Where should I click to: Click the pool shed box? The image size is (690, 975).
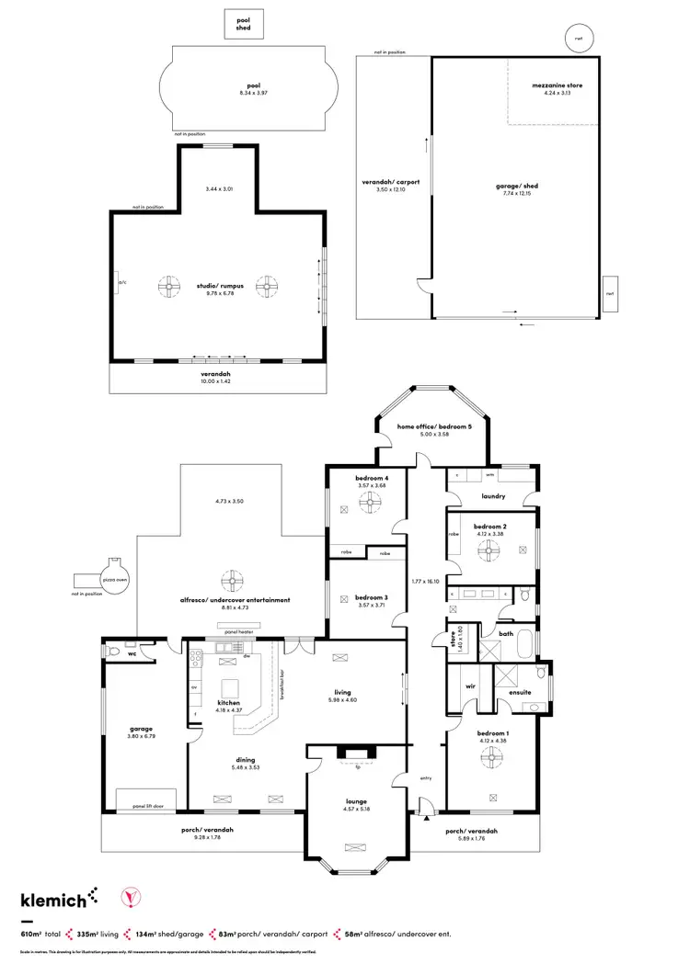pos(244,25)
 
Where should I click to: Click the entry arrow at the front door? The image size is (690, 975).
pos(427,818)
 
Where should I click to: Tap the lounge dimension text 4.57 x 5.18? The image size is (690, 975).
pos(354,810)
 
